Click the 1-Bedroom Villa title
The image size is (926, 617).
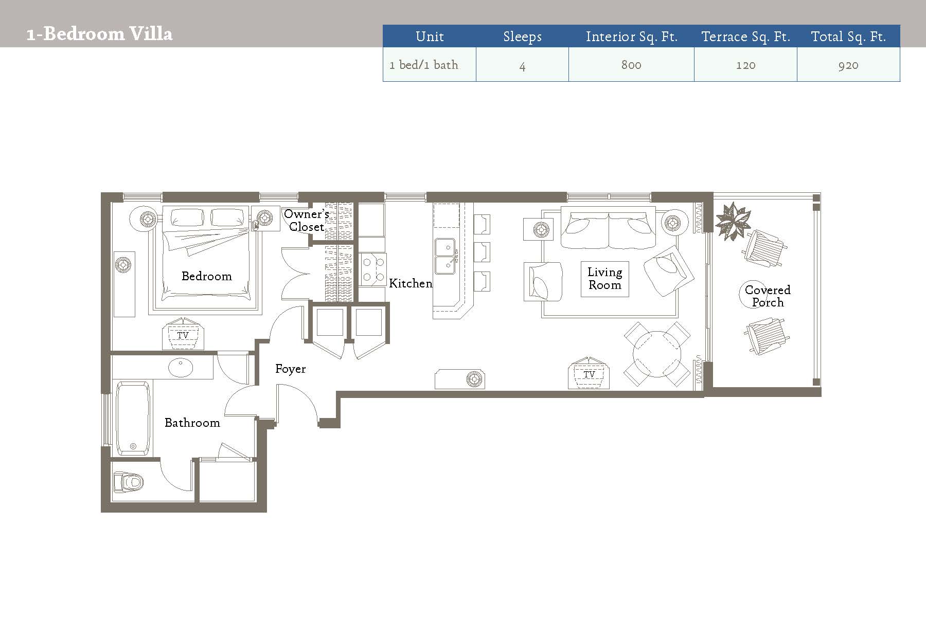(x=99, y=34)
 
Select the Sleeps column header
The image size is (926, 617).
(x=522, y=37)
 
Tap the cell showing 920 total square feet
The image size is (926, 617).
(x=848, y=65)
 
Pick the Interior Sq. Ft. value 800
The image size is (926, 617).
(x=631, y=65)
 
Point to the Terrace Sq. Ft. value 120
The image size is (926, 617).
(x=745, y=65)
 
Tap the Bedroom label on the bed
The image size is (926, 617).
(x=207, y=276)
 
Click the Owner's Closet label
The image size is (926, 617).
(x=307, y=220)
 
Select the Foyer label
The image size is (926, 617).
(x=291, y=369)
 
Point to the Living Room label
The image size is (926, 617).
(x=605, y=278)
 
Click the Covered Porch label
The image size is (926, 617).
(x=768, y=296)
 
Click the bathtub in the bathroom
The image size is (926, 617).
(x=133, y=418)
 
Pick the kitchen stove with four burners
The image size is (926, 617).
(x=372, y=269)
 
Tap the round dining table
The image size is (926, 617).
(x=657, y=354)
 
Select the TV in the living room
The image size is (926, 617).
(x=589, y=373)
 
